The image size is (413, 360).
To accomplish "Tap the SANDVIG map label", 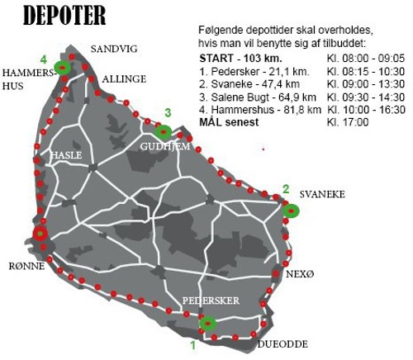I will tap(114, 49).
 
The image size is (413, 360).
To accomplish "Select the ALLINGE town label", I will tap(125, 78).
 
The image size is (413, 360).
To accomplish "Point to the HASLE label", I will tap(66, 154).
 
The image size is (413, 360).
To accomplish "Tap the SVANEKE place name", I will tap(322, 194).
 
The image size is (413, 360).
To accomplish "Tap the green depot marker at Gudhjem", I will tap(164, 130).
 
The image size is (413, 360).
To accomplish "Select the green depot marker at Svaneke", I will tap(291, 210).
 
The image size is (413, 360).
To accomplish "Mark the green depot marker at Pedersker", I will tap(208, 323).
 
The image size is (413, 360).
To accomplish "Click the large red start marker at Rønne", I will tap(40, 234).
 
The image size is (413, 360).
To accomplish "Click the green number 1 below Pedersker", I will tap(193, 343).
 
